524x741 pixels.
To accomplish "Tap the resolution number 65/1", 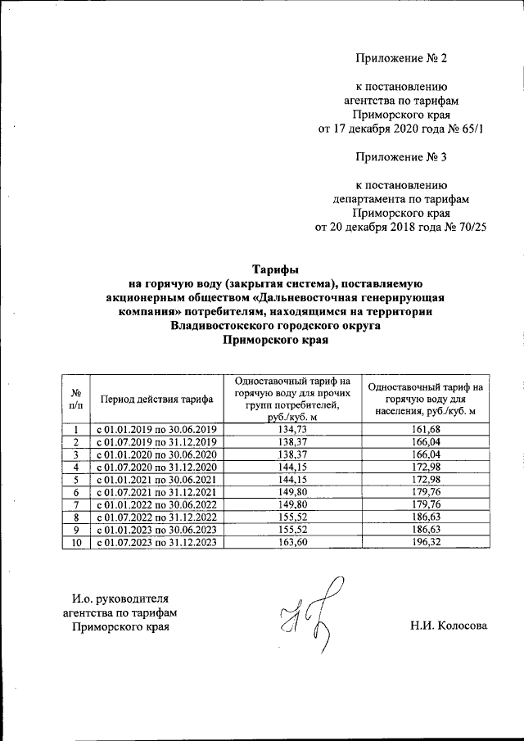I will [472, 129].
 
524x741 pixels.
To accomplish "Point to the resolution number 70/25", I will [470, 228].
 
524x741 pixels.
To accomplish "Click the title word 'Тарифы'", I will [269, 268].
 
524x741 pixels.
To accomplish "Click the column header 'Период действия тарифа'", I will [156, 400].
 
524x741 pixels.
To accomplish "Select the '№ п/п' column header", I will [75, 400].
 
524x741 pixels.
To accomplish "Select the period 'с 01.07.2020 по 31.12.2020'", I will [156, 467].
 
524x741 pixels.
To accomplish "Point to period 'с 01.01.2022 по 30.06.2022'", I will [156, 504].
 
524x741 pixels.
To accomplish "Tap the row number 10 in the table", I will [75, 542].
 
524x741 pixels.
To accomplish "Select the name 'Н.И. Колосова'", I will [449, 626].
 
